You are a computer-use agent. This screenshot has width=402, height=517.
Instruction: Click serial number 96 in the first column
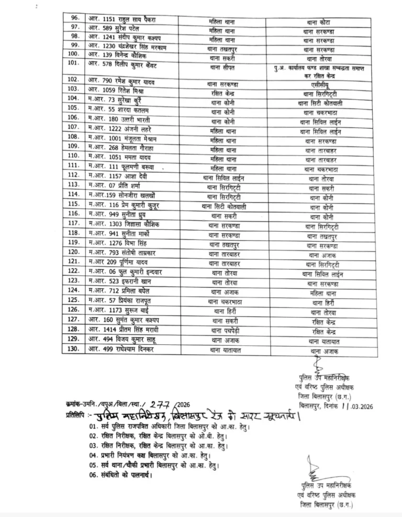[75, 18]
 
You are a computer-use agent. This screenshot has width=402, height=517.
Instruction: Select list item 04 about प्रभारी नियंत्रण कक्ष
[153, 455]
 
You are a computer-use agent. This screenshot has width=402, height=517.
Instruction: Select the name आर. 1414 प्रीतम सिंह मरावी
[125, 329]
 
